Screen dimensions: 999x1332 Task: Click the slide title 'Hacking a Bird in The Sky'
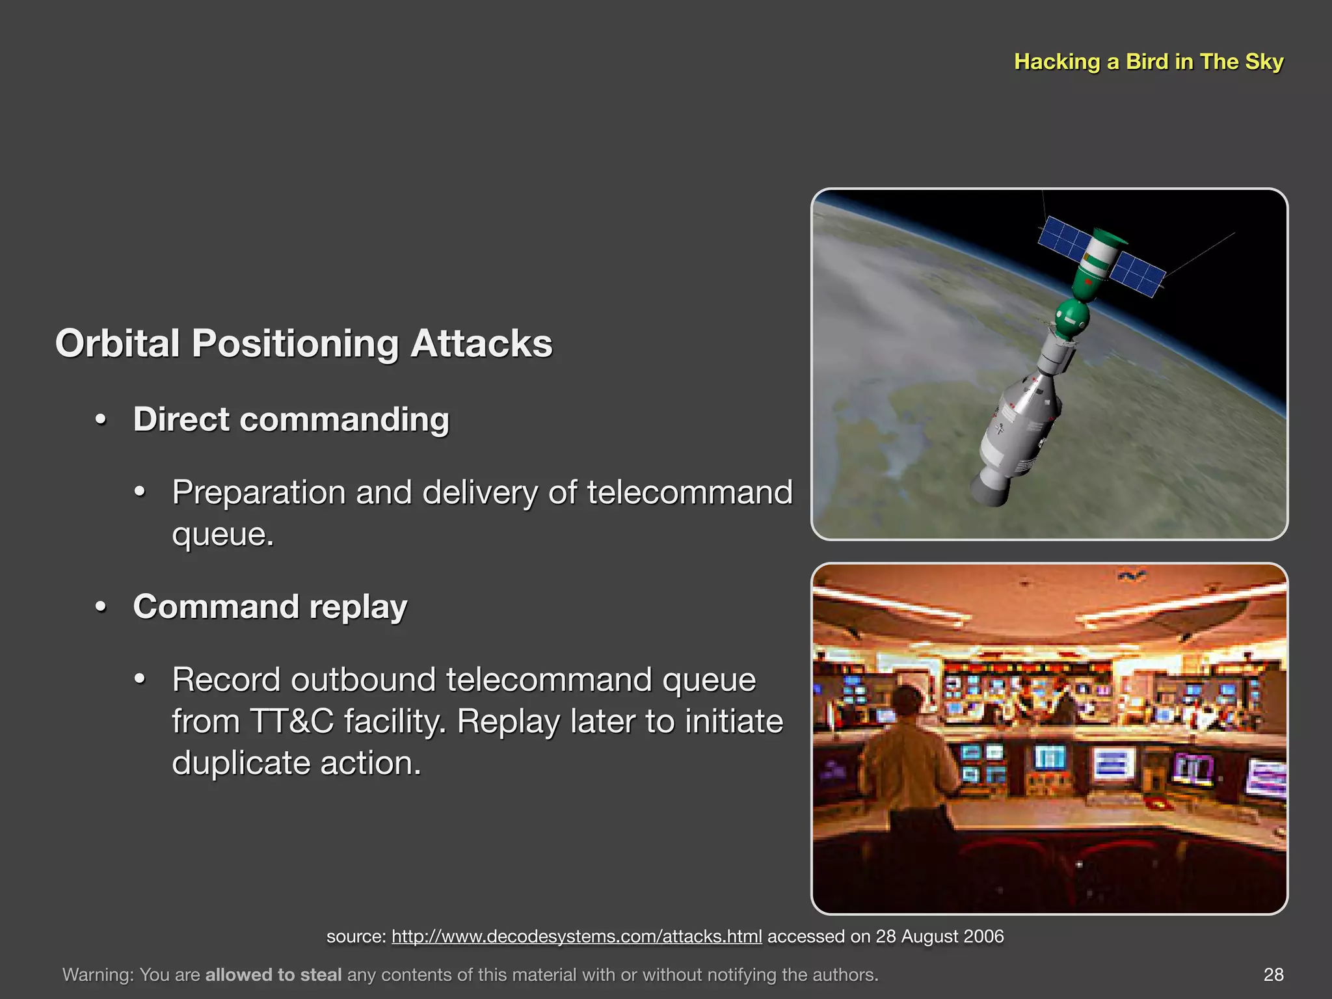(x=1148, y=62)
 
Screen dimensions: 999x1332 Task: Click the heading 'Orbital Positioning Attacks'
(x=304, y=343)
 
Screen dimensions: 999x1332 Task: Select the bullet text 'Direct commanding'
(x=291, y=420)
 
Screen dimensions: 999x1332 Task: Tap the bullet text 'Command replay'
(x=270, y=607)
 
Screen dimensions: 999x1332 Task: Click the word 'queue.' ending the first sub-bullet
(x=223, y=535)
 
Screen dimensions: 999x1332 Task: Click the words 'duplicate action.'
(x=297, y=763)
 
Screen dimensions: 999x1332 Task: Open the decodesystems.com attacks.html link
(x=576, y=937)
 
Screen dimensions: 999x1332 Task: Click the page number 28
(x=1273, y=974)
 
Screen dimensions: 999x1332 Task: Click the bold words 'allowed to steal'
(x=273, y=975)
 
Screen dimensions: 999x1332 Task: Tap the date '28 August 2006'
(x=939, y=937)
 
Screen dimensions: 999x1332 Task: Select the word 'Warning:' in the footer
(x=98, y=975)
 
